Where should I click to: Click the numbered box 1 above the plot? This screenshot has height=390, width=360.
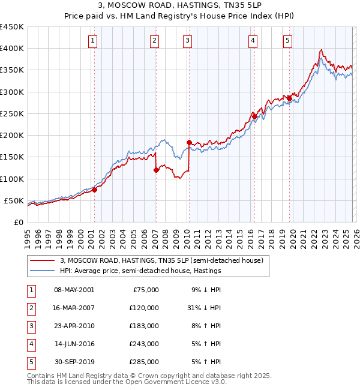pyautogui.click(x=94, y=41)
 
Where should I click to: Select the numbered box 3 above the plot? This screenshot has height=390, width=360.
pyautogui.click(x=188, y=41)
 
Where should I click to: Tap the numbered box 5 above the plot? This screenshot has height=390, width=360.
pyautogui.click(x=288, y=41)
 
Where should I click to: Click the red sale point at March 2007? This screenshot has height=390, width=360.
pyautogui.click(x=156, y=170)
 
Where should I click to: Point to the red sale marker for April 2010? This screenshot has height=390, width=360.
pyautogui.click(x=189, y=143)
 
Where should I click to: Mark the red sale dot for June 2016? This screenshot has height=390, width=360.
pyautogui.click(x=254, y=116)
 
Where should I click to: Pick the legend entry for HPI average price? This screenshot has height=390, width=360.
pyautogui.click(x=140, y=271)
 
